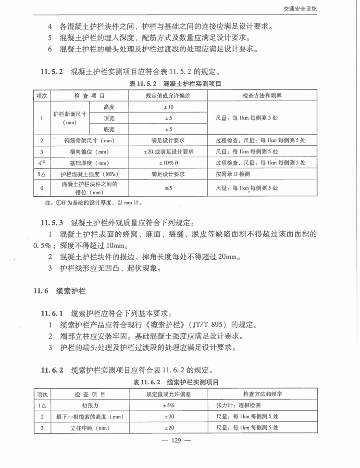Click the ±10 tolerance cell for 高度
[169, 106]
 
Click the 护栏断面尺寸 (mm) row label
[69, 118]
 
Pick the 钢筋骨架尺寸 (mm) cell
[89, 140]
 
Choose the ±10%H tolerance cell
[169, 163]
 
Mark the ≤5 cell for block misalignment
[169, 188]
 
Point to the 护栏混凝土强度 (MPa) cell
[89, 174]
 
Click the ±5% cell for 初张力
[169, 405]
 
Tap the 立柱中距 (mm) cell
[89, 428]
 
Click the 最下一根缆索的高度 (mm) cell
[89, 417]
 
